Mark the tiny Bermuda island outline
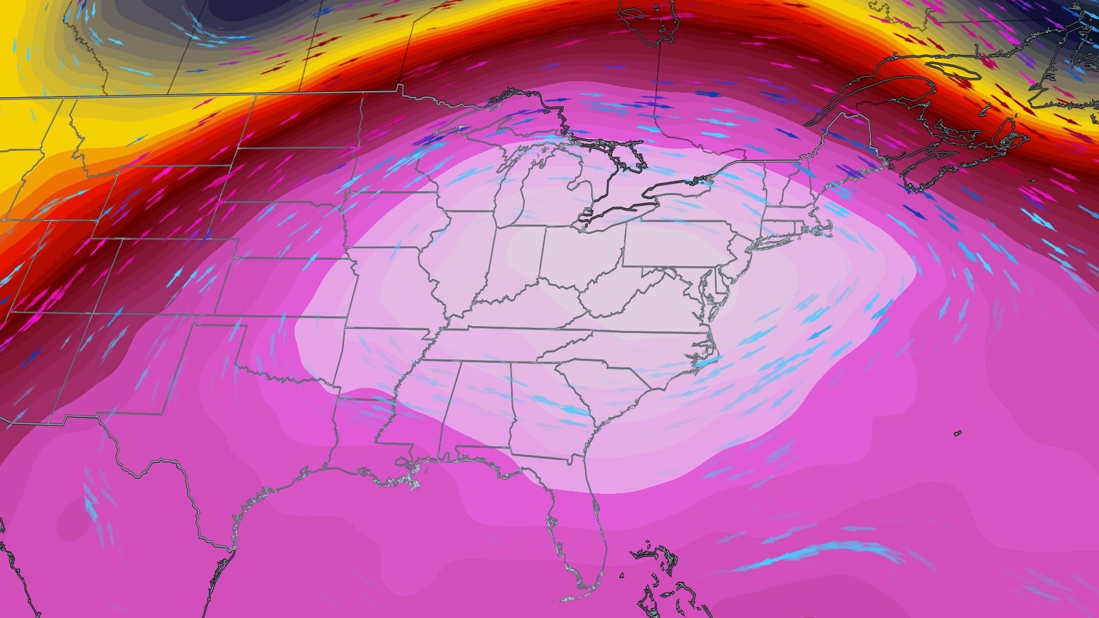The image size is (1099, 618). pyautogui.click(x=958, y=433)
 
